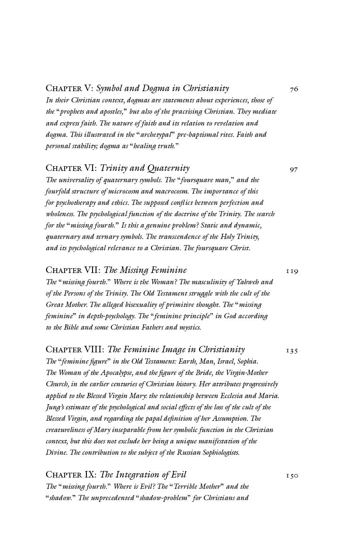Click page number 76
[294, 89]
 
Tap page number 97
[294, 169]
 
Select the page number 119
[292, 271]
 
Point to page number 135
[292, 351]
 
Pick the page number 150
[292, 475]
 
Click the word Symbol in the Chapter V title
[110, 89]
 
